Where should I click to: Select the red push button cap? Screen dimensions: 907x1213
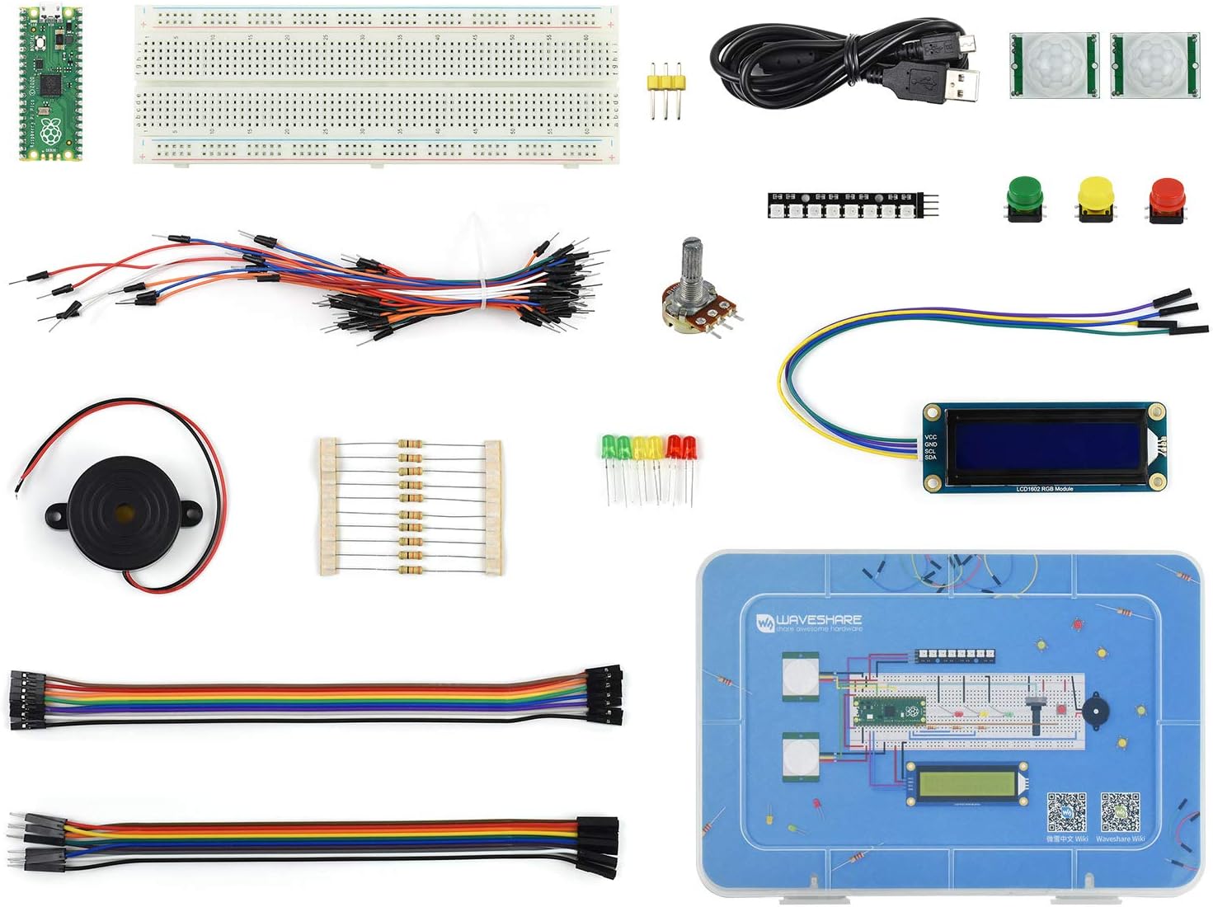click(1166, 195)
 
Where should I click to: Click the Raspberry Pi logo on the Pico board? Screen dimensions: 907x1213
click(51, 130)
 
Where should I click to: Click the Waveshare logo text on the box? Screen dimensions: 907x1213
click(818, 619)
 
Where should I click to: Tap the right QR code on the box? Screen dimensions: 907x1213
click(1120, 813)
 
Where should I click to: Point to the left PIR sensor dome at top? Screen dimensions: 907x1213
click(1054, 64)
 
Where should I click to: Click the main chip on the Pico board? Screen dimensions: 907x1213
click(51, 84)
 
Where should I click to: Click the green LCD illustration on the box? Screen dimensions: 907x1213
click(965, 782)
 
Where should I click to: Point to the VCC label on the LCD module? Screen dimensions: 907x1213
click(930, 437)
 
